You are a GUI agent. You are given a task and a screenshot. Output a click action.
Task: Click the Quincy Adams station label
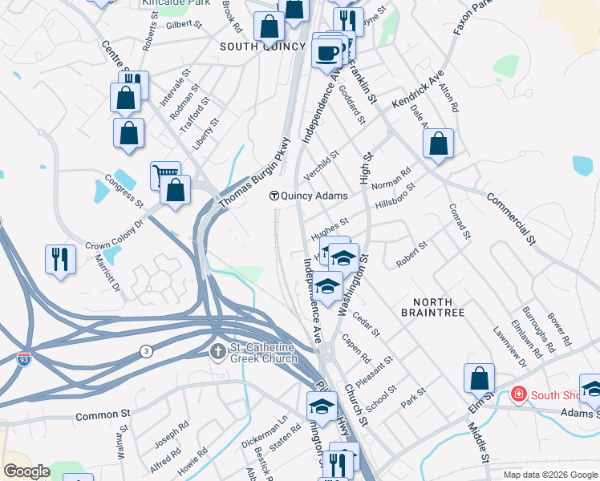309,196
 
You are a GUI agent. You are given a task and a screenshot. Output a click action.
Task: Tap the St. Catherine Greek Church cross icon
217,351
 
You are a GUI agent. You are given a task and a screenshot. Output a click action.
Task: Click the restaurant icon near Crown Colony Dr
61,258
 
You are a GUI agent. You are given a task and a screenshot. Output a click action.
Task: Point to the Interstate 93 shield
25,358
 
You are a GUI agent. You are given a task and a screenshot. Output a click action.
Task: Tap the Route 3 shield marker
145,351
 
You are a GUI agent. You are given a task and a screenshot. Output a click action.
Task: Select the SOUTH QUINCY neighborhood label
262,46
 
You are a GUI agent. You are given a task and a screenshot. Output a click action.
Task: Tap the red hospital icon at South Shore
518,395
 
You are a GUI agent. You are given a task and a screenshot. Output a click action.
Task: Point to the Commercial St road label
509,216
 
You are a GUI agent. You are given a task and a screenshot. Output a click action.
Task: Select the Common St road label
103,416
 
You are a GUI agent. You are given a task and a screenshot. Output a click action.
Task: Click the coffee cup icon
326,53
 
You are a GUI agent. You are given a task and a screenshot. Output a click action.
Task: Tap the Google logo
27,472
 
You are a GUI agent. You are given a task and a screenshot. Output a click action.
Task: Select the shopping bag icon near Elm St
479,378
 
